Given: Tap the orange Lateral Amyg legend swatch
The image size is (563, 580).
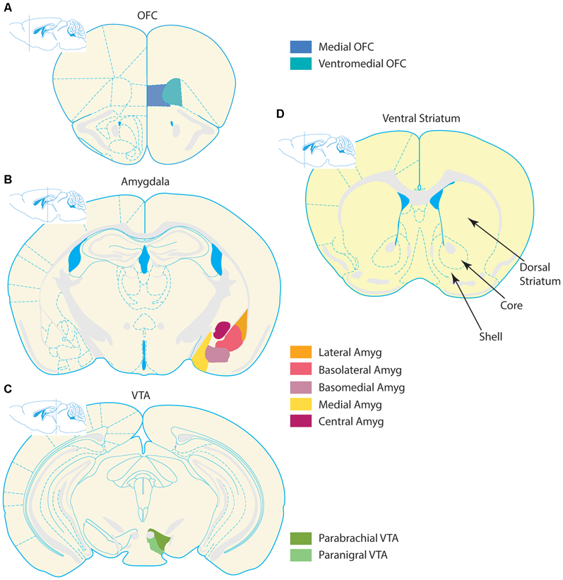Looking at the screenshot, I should (x=300, y=351).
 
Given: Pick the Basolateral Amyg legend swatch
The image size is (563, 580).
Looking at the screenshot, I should (x=300, y=369).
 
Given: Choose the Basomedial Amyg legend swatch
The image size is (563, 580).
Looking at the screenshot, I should (x=300, y=386).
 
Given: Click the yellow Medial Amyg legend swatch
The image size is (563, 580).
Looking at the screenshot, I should (x=300, y=404).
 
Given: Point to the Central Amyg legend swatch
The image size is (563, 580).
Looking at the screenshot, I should (x=300, y=422).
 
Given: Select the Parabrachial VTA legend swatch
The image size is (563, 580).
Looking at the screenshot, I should (x=300, y=538).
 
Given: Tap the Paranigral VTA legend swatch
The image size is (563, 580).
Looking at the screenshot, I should (x=300, y=555).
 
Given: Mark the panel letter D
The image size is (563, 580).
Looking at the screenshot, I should (x=280, y=113).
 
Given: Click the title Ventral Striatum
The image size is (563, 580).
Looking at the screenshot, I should (x=420, y=118).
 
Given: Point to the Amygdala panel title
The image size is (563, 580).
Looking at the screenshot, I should (x=144, y=181).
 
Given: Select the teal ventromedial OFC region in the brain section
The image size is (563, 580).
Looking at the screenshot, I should (x=172, y=92).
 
